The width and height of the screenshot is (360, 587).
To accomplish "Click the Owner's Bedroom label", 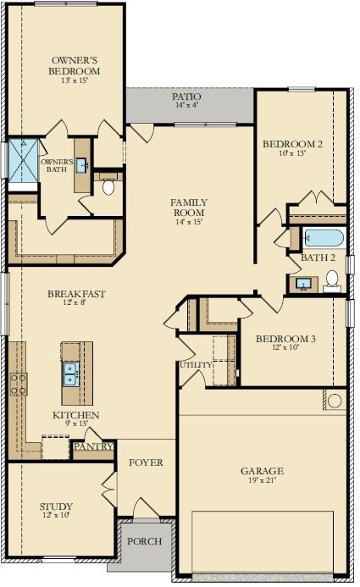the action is coord(75,65).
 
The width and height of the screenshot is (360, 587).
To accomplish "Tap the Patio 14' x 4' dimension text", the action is coord(186,105).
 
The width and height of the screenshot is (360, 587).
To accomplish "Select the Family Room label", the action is coord(189,208).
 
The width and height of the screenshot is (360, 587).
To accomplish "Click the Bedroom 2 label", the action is coord(292,144).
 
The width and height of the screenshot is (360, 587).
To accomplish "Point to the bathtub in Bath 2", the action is coord(324,238).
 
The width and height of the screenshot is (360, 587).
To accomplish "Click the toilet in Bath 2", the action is coord(332,280).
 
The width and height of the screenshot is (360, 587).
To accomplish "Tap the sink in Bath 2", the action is coord(302,284).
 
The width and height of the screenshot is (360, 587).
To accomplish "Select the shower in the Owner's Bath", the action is coord(23,160).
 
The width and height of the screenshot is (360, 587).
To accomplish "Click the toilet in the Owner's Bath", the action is coord(108,186).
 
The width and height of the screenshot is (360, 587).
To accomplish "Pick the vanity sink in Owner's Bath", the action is coord(81,165).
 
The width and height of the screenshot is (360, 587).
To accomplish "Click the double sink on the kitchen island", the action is coord(70,374).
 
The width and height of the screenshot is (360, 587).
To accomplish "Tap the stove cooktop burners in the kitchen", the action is coord(19,384).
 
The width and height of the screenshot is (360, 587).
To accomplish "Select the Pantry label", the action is coord(93,446).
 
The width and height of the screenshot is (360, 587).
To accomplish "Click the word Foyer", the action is coord(146,462).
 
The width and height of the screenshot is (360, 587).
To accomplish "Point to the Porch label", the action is coord(145,541).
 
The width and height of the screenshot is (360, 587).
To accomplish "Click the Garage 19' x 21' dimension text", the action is coord(263,480).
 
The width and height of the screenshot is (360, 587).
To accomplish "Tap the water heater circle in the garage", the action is coord(335,401).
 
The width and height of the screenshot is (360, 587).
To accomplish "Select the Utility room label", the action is coord(196,364).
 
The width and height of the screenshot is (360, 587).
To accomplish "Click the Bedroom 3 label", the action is coord(285,339).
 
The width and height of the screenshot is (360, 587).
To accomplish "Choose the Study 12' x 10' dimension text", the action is coord(56,515).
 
